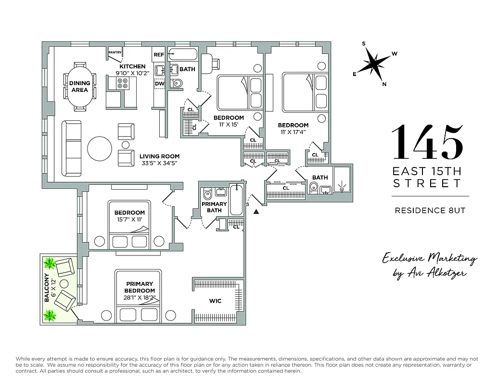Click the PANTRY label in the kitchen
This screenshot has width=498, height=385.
(115, 52)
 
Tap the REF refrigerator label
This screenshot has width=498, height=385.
(159, 55)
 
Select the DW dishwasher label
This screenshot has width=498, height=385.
(159, 84)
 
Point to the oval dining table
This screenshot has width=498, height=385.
(79, 86)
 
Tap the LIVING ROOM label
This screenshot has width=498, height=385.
(159, 156)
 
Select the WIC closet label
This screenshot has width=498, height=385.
(215, 301)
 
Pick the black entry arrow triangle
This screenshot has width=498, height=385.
(256, 211)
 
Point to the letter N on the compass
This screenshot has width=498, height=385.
(383, 84)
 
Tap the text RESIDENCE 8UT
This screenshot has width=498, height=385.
(430, 210)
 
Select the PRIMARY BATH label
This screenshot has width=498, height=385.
(214, 207)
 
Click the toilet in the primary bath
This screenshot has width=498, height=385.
(208, 195)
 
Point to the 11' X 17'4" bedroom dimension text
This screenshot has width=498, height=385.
(293, 132)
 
